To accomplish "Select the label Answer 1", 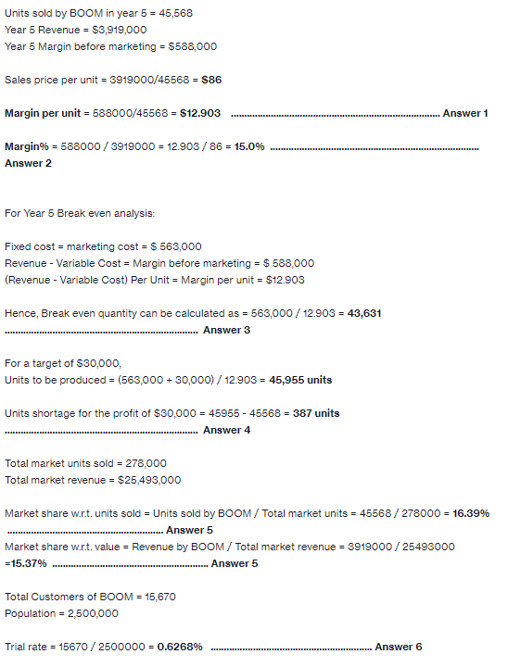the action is [465, 113].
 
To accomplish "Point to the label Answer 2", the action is [28, 163].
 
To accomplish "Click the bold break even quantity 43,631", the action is [364, 313].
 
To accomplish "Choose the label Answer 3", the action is [226, 330].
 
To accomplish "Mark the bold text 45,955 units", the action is [300, 380].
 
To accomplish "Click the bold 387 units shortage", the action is [316, 413].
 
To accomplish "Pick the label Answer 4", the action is [226, 430].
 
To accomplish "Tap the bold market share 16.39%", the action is [471, 513].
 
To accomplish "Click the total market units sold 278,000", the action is [145, 463].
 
